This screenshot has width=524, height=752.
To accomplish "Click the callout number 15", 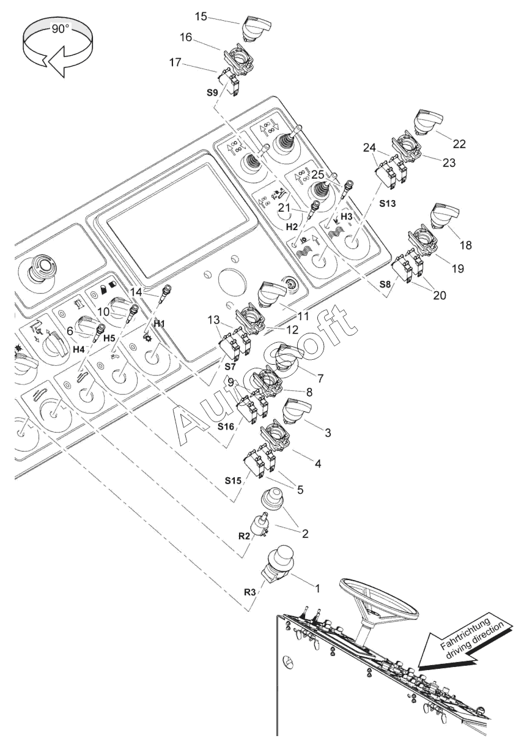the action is coord(202,17).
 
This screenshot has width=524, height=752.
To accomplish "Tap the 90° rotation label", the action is coord(60,29).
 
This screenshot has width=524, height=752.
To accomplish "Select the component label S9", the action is coord(212,93).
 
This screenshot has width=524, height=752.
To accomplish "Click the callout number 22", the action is coord(459,144).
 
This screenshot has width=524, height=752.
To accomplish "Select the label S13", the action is coord(388,203).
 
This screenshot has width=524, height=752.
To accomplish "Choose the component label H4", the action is coord(79,349).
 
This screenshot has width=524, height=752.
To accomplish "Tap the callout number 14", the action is coord(137,292).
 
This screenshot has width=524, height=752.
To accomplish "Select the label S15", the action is coord(233,480).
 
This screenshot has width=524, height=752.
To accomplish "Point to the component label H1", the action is coord(160,323).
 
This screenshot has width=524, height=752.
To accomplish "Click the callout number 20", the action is coord(440,295).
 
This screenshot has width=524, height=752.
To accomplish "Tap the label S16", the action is coord(226,426).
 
